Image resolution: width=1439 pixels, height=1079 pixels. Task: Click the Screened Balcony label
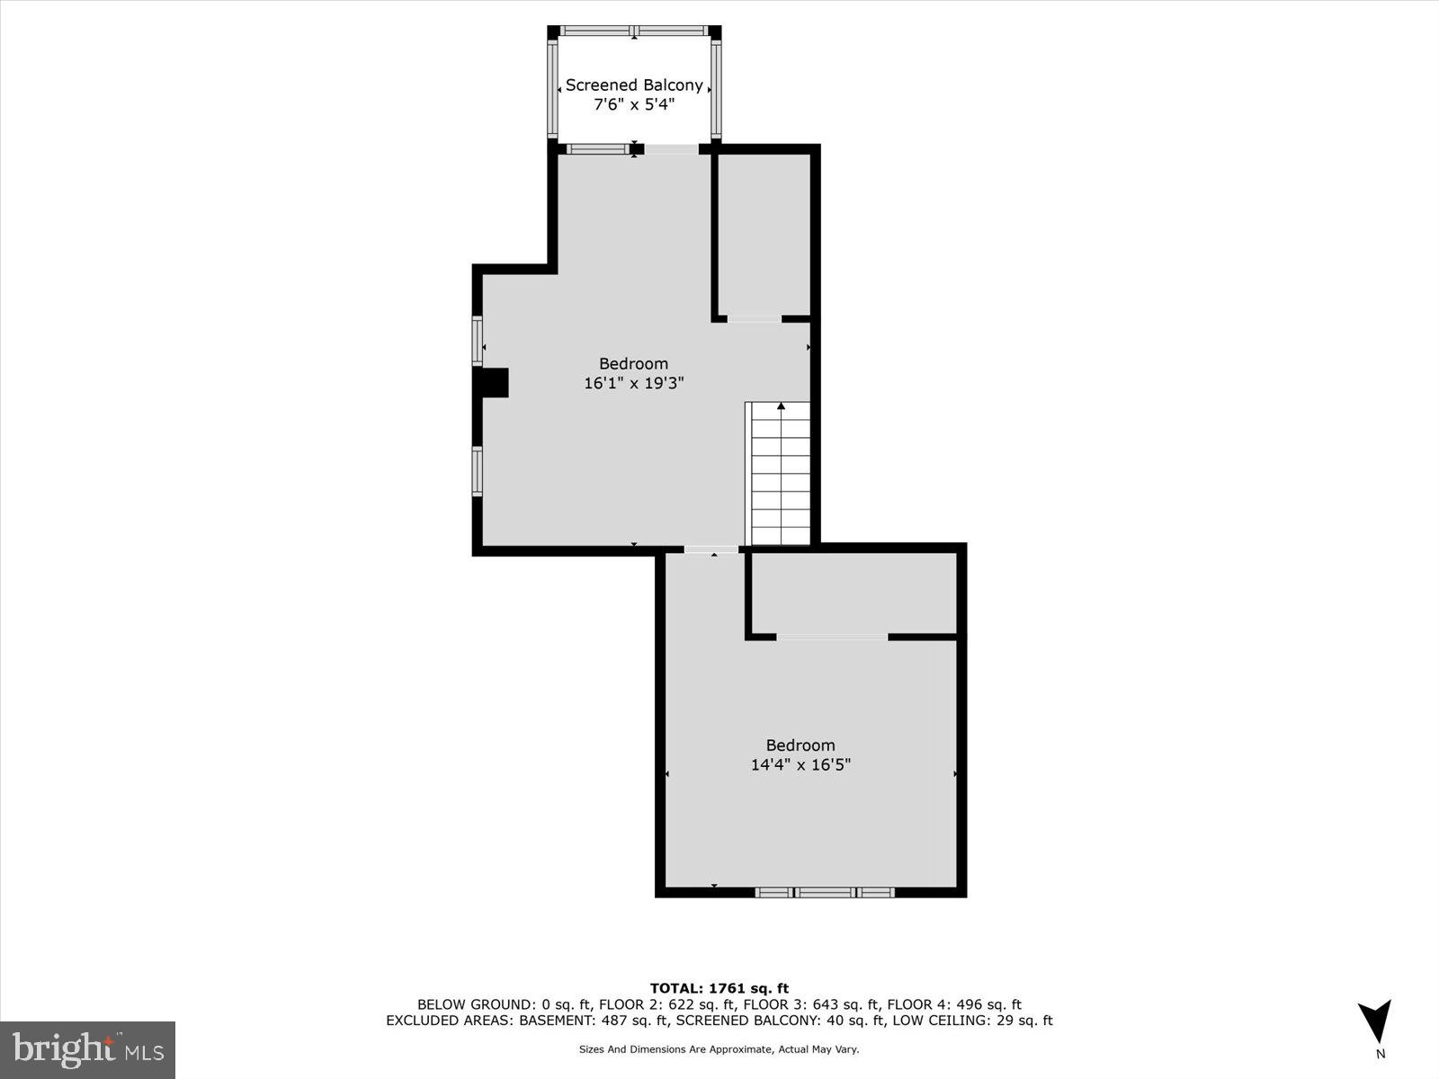tap(634, 85)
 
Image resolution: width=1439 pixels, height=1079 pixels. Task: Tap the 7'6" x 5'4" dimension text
tap(634, 105)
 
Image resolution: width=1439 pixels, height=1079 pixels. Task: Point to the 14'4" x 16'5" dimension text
tap(800, 765)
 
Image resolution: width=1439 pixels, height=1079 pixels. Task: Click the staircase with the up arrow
tap(780, 474)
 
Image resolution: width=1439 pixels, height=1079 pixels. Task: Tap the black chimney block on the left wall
tap(493, 382)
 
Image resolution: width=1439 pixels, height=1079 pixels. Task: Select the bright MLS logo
tap(87, 1049)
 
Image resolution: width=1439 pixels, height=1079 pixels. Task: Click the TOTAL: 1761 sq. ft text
tap(719, 988)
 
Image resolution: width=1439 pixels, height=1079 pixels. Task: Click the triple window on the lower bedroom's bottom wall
tap(825, 892)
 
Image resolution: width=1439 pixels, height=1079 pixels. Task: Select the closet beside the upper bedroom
tap(764, 236)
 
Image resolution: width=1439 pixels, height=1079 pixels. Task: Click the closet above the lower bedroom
tap(853, 593)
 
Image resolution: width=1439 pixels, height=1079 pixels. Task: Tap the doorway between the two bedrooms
tap(711, 548)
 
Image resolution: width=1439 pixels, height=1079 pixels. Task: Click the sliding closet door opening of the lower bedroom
tap(832, 637)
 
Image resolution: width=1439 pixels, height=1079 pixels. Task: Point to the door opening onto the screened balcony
tap(671, 149)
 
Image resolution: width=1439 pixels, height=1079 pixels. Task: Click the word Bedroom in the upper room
tap(634, 364)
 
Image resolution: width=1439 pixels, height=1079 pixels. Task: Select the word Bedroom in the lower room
tap(800, 745)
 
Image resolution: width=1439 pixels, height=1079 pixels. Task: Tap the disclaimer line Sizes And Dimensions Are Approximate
tap(719, 1049)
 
